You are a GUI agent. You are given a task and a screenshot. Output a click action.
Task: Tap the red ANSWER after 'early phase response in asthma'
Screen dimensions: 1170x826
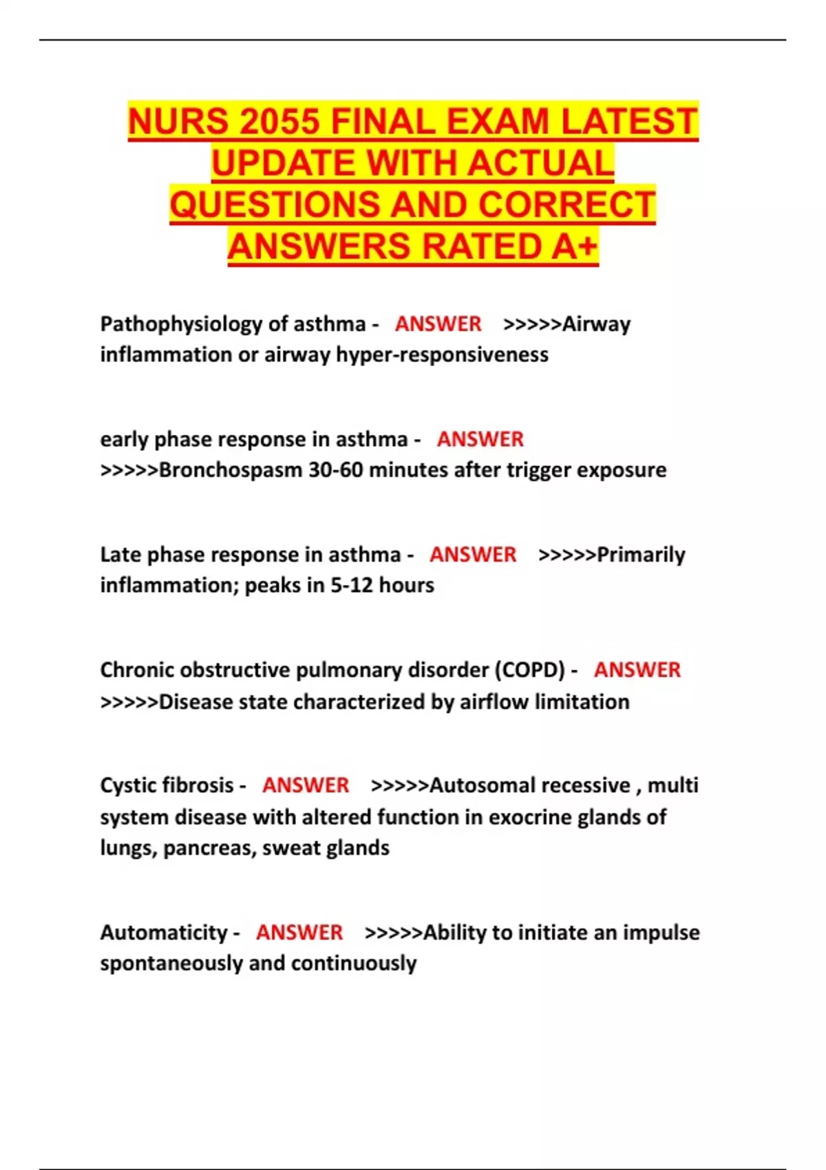(x=480, y=439)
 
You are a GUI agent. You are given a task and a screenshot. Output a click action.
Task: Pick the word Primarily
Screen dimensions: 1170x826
(x=641, y=555)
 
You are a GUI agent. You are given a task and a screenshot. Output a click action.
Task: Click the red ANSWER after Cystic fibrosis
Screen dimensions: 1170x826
(x=305, y=785)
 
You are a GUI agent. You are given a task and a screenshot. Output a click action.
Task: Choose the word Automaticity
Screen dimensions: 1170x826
(x=164, y=933)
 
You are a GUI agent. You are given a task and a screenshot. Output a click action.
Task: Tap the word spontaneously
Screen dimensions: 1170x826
(x=171, y=963)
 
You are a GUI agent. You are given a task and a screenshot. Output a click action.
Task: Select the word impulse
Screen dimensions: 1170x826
(x=661, y=933)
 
